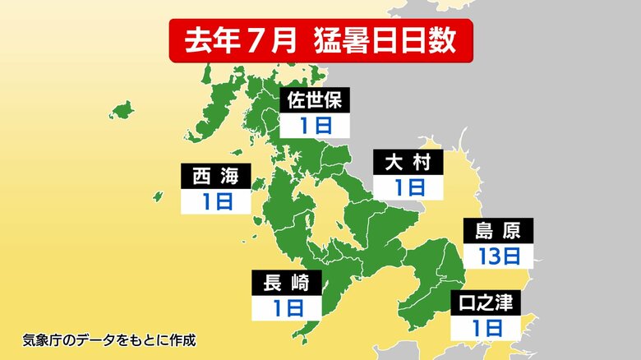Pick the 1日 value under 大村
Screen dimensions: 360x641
pyautogui.click(x=408, y=187)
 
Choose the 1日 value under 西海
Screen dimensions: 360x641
pyautogui.click(x=215, y=201)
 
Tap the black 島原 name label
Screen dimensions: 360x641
pyautogui.click(x=499, y=231)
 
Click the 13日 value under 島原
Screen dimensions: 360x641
pyautogui.click(x=499, y=255)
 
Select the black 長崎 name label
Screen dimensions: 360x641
pyautogui.click(x=287, y=284)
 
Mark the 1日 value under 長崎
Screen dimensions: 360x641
pyautogui.click(x=287, y=308)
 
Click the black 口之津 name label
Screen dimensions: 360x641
pyautogui.click(x=486, y=303)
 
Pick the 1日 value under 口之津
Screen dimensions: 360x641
pyautogui.click(x=486, y=328)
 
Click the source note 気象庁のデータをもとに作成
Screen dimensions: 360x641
pyautogui.click(x=108, y=339)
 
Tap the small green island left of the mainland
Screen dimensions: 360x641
pyautogui.click(x=121, y=109)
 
